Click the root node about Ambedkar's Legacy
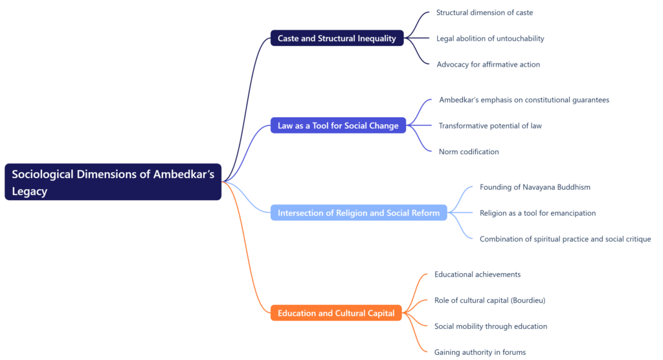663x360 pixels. click(113, 182)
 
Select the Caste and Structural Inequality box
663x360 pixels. click(337, 38)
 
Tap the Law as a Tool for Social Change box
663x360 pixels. click(338, 126)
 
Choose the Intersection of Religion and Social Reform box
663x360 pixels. click(359, 213)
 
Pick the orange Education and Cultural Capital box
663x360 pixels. click(336, 313)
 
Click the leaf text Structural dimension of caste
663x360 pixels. click(484, 12)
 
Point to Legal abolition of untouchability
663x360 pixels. click(490, 38)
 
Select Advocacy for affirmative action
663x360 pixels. click(488, 64)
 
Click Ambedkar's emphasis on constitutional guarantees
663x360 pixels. click(524, 100)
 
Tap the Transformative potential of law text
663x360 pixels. click(490, 126)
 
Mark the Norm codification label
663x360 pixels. click(469, 152)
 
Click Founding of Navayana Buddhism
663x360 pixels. click(535, 187)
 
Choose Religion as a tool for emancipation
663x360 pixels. click(537, 213)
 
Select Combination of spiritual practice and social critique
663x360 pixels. click(565, 239)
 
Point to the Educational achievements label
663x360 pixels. click(477, 275)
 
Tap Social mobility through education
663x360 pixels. click(491, 326)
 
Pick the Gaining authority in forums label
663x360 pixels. click(480, 352)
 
